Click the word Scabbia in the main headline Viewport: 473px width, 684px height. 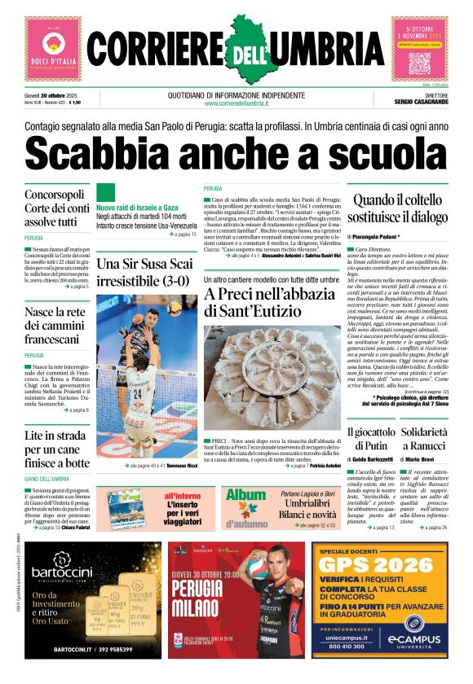(114, 153)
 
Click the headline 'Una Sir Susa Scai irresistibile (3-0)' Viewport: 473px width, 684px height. (145, 272)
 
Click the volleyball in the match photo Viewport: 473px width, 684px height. (175, 309)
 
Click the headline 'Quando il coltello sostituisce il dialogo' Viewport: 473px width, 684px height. (396, 208)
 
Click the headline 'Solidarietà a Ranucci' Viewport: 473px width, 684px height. (424, 438)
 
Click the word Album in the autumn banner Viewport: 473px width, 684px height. (246, 494)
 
